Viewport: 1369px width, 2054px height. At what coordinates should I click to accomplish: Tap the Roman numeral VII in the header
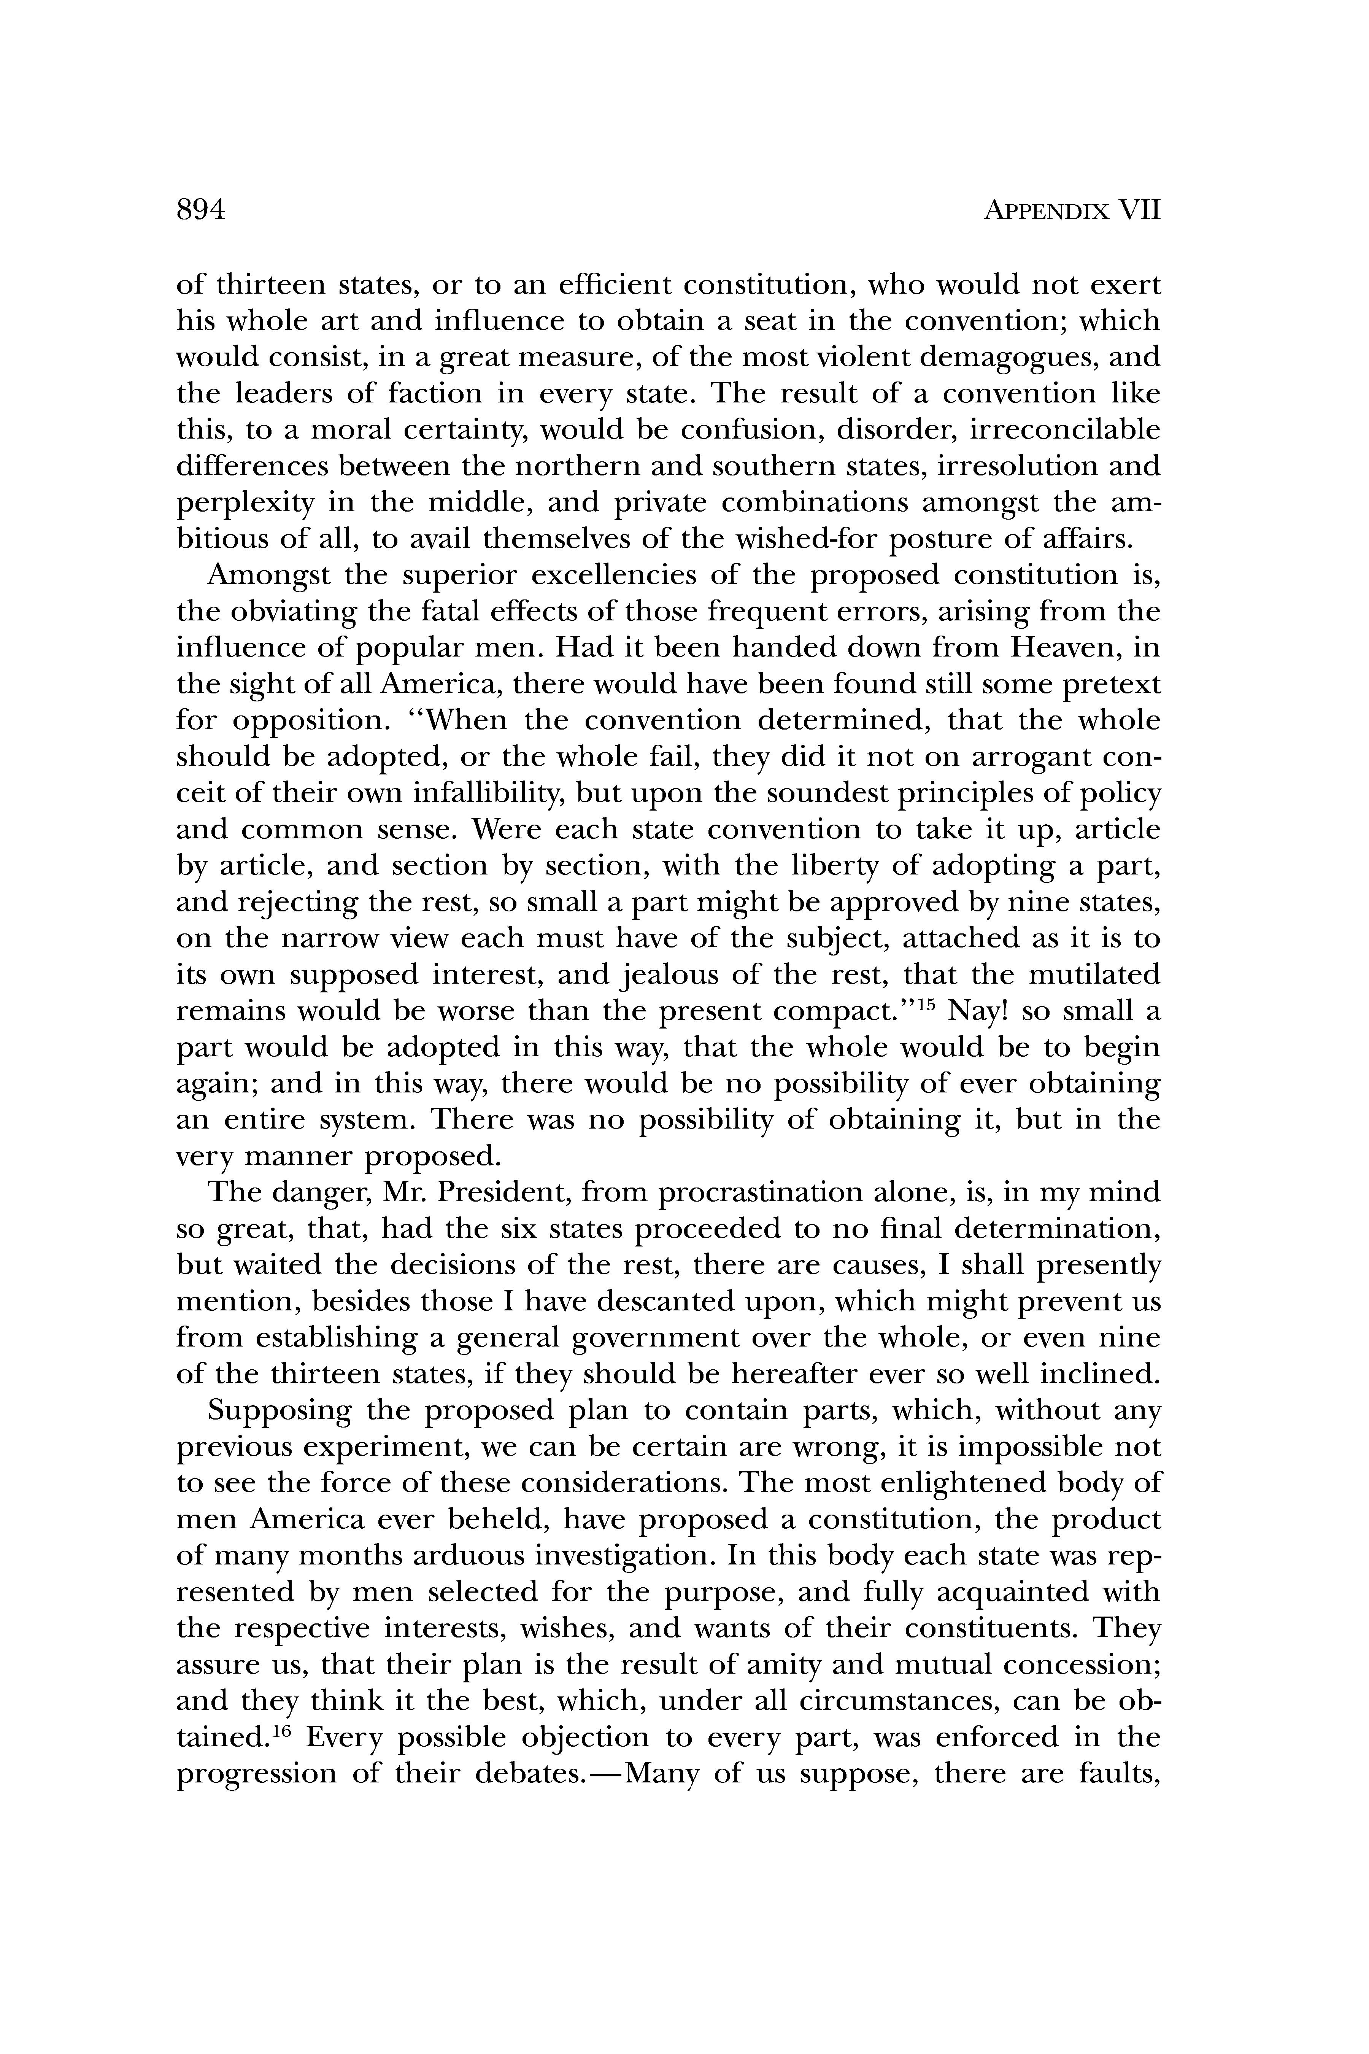(1139, 211)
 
